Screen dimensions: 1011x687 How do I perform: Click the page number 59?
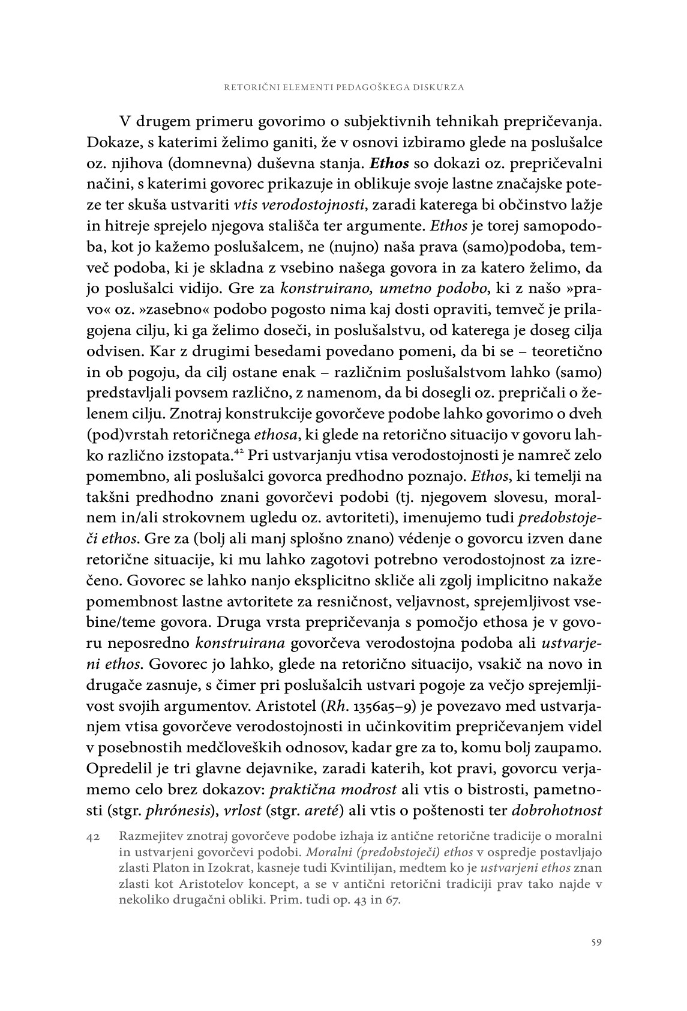(x=596, y=942)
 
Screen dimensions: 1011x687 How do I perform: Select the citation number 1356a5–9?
(x=499, y=707)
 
